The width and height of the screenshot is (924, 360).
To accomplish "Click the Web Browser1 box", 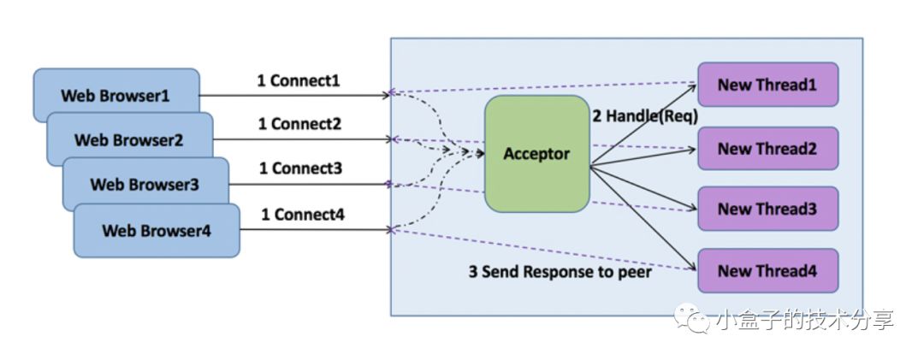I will [x=115, y=94].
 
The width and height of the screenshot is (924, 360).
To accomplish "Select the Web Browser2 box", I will [x=128, y=139].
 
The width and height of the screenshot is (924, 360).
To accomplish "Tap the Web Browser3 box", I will [x=145, y=184].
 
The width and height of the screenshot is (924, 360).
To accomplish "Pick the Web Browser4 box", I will [x=157, y=230].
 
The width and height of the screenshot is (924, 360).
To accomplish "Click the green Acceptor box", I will [x=536, y=154].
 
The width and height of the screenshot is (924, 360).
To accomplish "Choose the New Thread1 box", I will [x=767, y=85].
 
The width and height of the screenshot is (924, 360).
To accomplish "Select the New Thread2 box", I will [x=767, y=149].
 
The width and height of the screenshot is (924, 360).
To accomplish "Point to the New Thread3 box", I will [x=767, y=209].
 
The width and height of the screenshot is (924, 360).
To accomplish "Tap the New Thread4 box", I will [x=767, y=271].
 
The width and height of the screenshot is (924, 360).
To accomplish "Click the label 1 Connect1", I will [x=299, y=81].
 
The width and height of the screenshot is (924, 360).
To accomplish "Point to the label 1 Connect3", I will [x=300, y=169].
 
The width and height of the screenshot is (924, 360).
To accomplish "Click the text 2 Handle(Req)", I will [x=646, y=115].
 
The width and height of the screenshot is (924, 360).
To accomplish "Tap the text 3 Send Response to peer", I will [x=560, y=273].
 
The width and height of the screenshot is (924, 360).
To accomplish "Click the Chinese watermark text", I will [x=804, y=320].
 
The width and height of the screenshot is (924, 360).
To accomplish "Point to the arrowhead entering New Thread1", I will [x=694, y=85].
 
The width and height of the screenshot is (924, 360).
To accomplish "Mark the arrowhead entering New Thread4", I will [x=694, y=269].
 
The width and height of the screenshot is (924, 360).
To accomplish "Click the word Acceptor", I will [x=536, y=154].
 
